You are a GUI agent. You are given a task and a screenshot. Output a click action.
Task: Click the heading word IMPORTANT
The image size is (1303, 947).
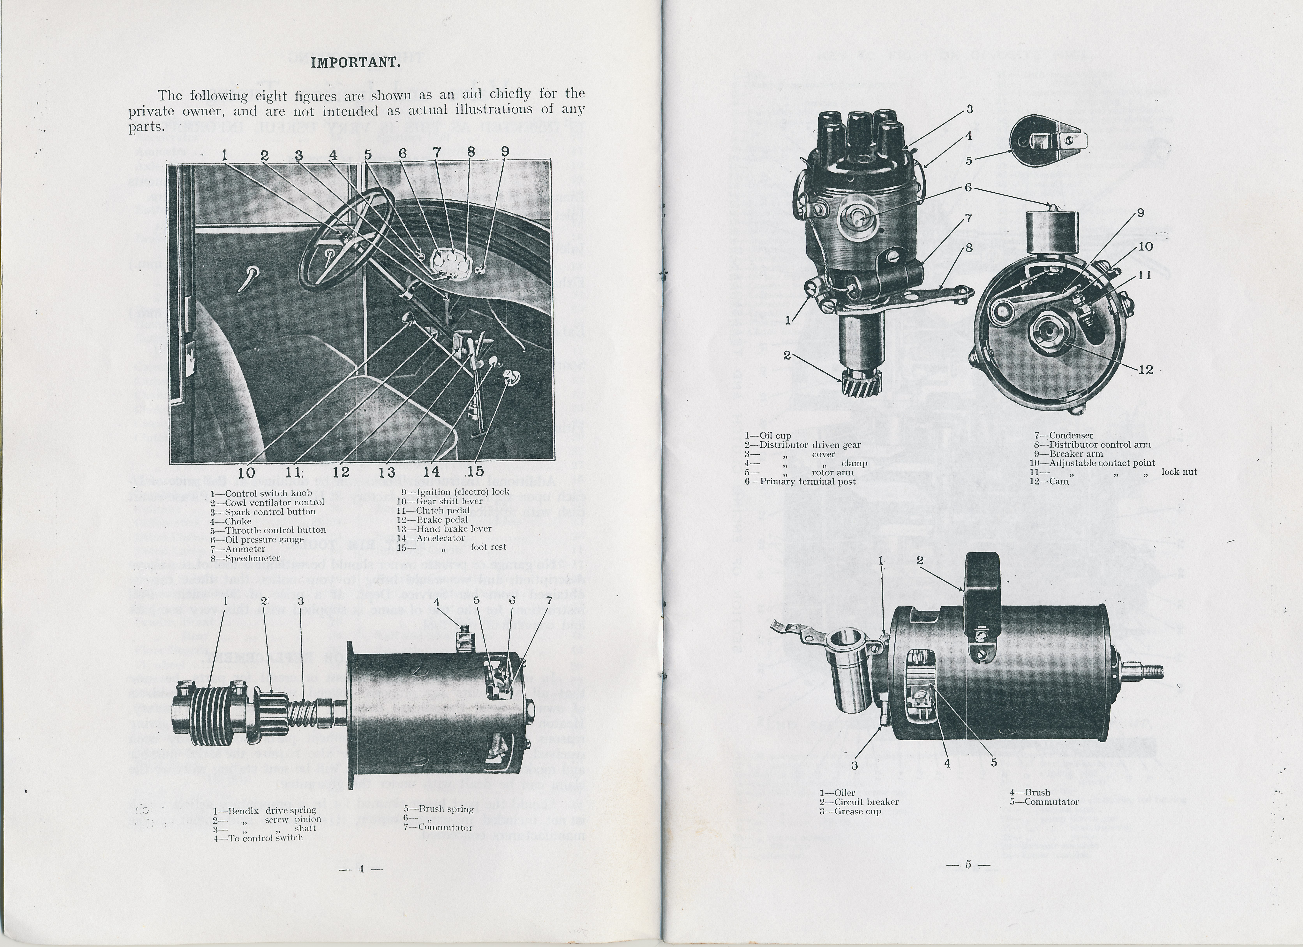coord(355,63)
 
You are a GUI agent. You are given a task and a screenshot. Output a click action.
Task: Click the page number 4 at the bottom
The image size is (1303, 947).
coord(361,869)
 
